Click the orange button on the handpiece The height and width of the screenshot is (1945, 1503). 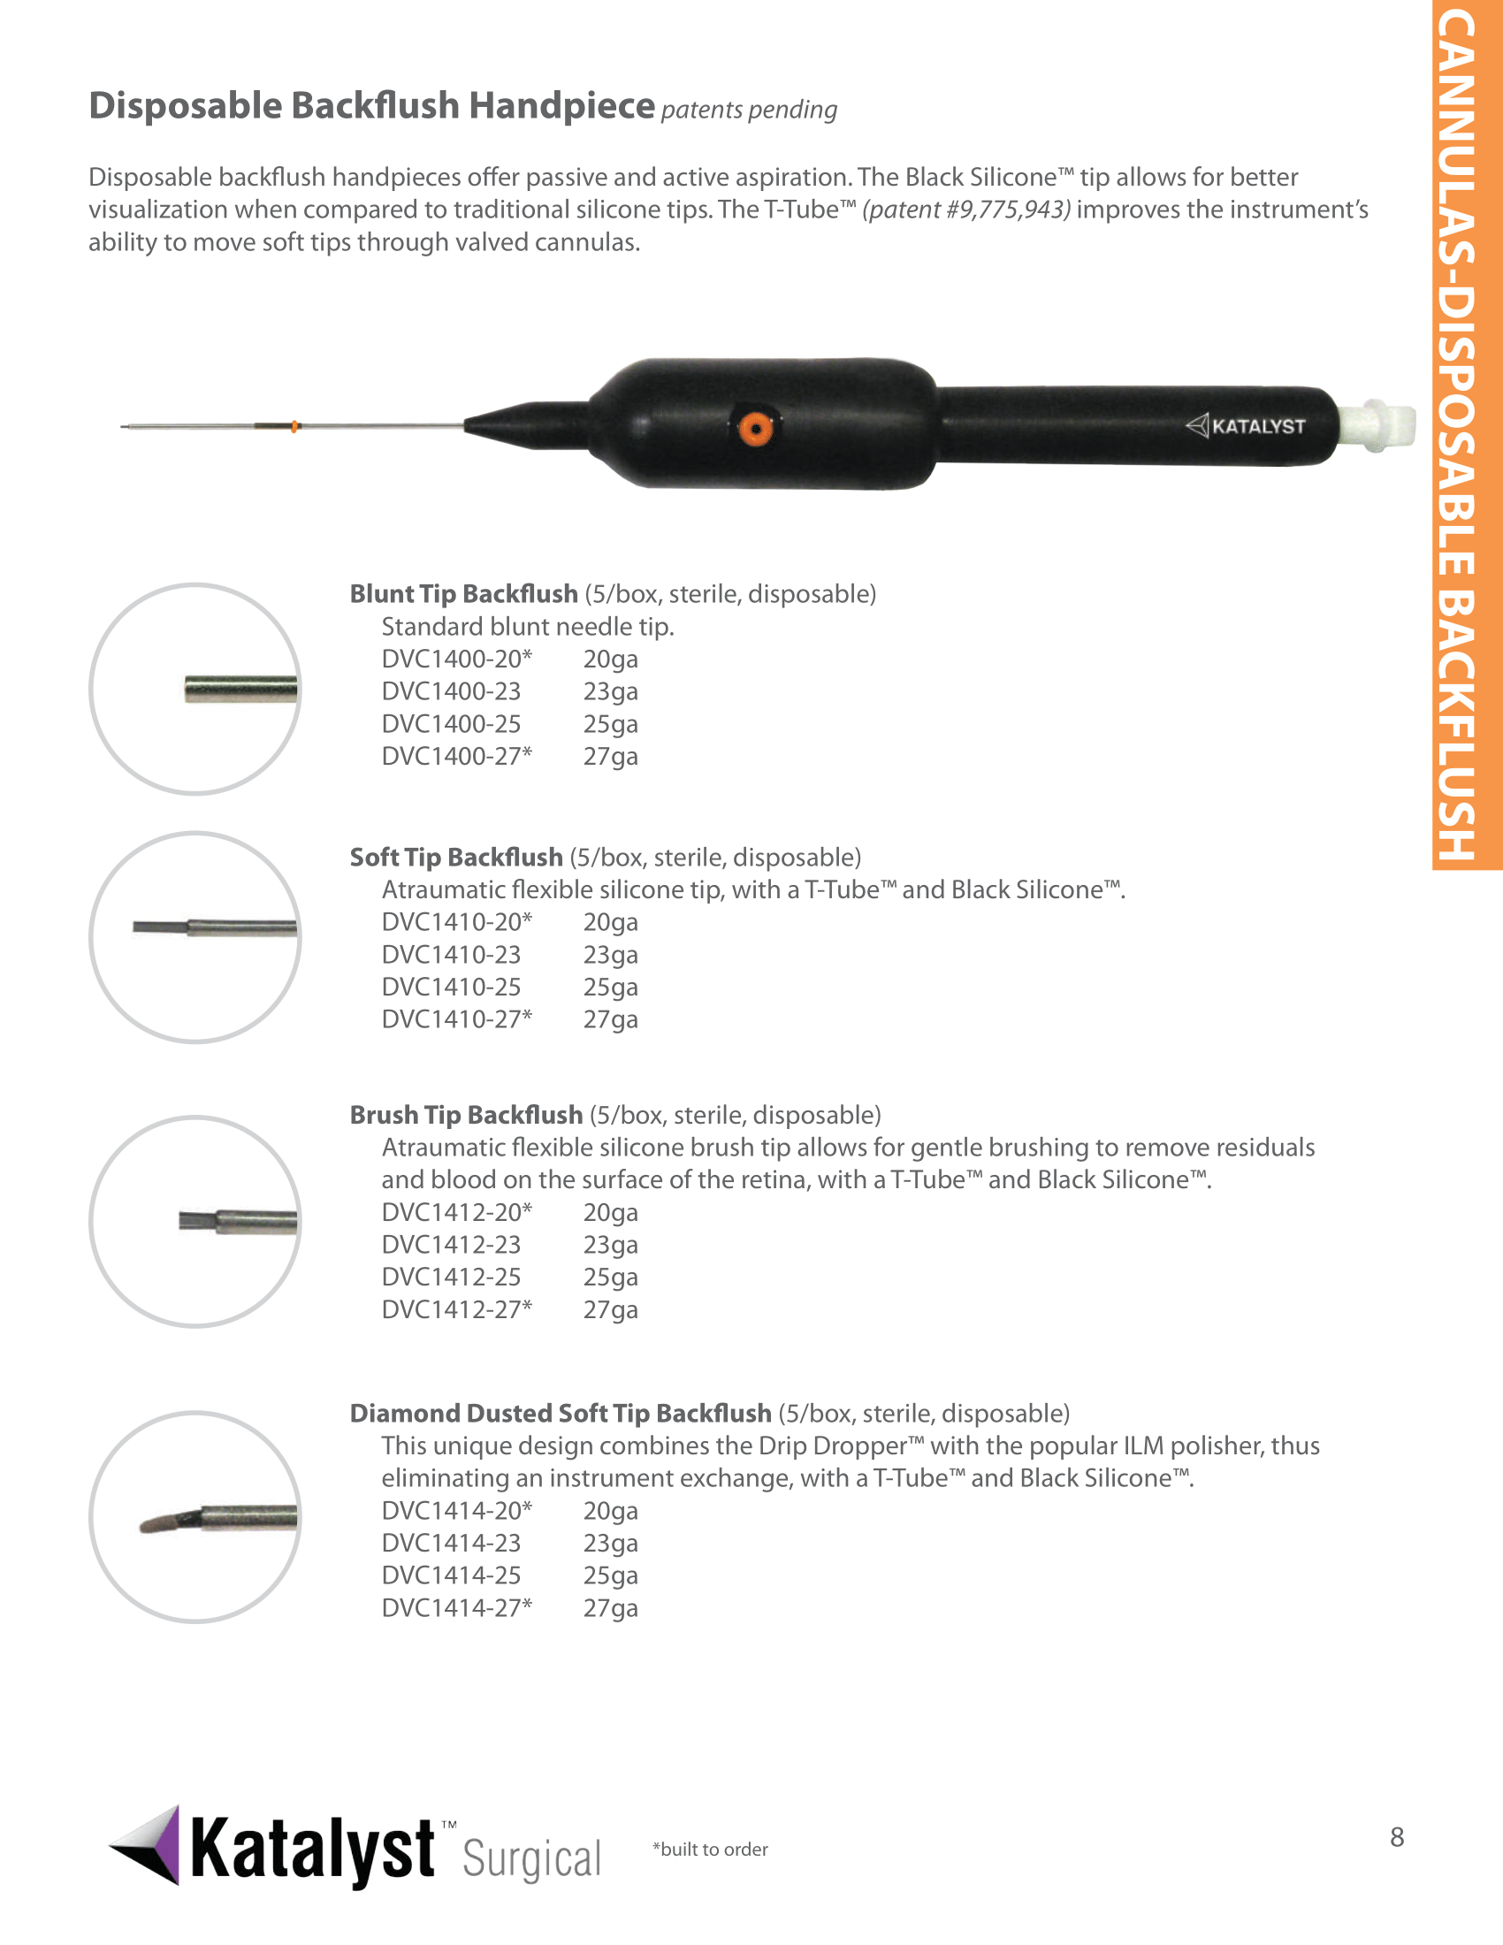755,429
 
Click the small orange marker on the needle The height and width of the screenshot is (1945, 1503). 294,427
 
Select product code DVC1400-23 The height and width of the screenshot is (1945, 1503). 451,691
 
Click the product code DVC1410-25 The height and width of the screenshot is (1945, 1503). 451,987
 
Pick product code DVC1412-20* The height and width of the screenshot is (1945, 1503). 456,1212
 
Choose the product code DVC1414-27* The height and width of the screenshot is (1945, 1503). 456,1607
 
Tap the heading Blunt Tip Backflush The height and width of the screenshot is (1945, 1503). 463,593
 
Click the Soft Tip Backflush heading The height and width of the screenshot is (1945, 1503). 456,857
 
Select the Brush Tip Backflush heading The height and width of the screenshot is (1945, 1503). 466,1114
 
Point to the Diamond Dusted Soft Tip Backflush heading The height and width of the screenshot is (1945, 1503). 560,1413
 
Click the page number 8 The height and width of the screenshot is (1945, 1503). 1396,1836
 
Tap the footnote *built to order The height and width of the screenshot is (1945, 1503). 710,1849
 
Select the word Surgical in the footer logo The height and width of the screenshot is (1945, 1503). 531,1858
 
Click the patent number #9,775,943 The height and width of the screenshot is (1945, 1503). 966,210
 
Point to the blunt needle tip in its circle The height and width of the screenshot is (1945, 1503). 240,690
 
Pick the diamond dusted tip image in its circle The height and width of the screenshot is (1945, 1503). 218,1516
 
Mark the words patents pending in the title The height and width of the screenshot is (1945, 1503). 749,110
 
